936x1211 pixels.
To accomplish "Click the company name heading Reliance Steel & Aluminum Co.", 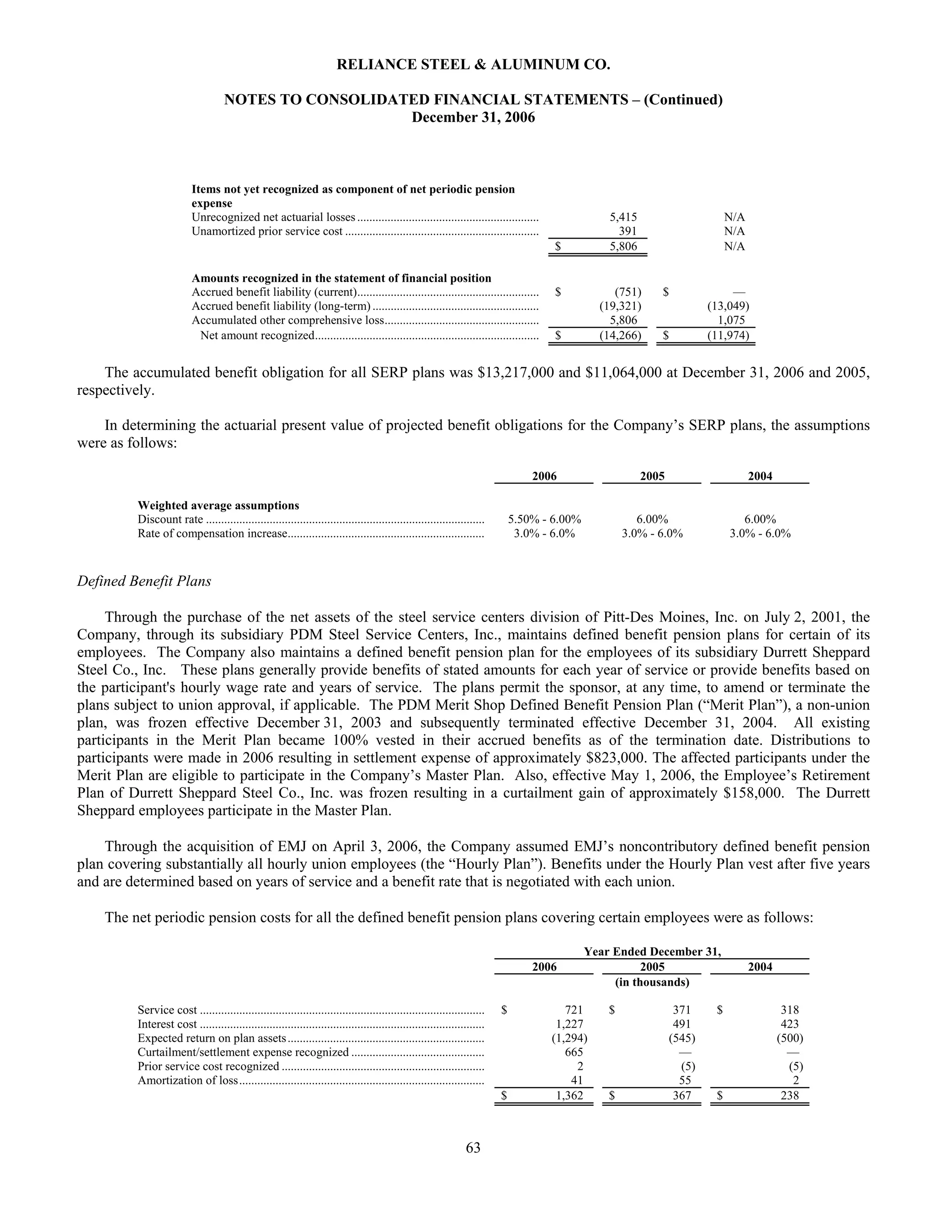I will [x=473, y=65].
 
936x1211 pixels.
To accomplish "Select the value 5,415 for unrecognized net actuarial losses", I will [x=623, y=218].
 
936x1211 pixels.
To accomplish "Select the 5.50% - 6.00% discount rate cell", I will [x=544, y=520].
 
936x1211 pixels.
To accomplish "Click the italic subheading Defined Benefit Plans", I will [x=144, y=581].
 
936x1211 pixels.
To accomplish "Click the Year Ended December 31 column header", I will [x=652, y=951].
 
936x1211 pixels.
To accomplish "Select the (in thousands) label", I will [x=652, y=982].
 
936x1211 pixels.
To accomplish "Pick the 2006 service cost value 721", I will [x=574, y=1010].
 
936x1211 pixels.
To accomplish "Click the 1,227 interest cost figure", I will [x=569, y=1024].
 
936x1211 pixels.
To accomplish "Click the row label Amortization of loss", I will [x=187, y=1080].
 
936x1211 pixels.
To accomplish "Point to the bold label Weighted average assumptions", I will [x=218, y=506].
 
